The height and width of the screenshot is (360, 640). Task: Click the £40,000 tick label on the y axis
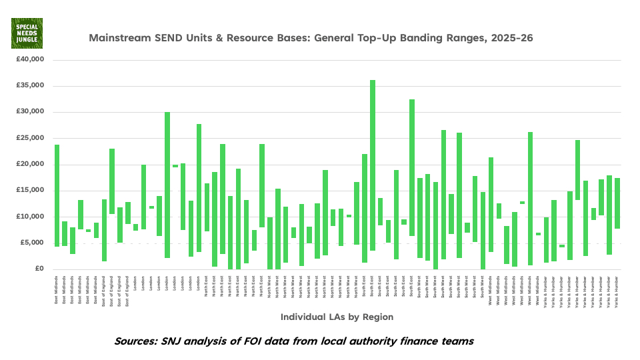(31, 59)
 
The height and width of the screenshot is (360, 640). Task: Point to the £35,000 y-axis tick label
(31, 85)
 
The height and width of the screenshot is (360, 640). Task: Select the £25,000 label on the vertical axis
(31, 138)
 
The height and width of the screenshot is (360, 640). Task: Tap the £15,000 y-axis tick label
(31, 191)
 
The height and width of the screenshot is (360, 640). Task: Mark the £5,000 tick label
(33, 243)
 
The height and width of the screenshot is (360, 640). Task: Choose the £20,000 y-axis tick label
(31, 164)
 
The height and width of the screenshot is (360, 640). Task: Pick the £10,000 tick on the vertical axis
(31, 217)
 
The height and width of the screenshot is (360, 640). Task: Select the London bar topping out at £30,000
(167, 185)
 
